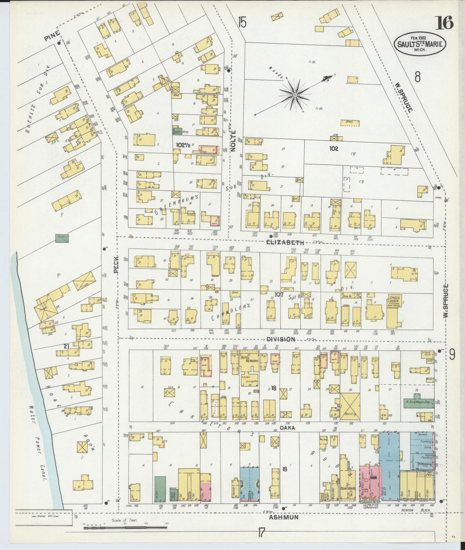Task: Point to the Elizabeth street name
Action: [285, 243]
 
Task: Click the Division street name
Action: [280, 339]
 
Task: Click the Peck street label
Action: [116, 264]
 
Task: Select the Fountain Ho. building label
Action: [346, 489]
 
